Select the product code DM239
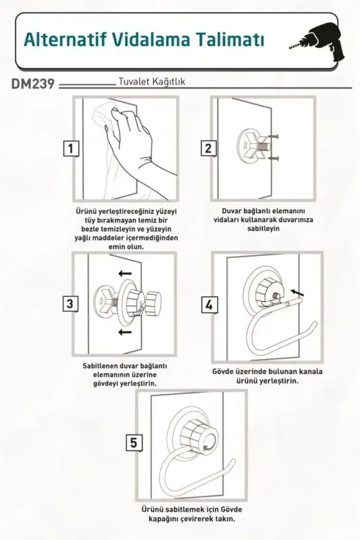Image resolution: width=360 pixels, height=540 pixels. (x=33, y=85)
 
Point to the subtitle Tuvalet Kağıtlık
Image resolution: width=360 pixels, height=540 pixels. (x=152, y=82)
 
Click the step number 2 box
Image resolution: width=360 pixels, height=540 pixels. (x=208, y=148)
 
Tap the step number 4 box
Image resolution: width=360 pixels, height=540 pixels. (x=209, y=304)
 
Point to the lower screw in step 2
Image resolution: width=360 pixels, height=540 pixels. (x=274, y=159)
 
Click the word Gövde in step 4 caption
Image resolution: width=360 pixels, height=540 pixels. (x=226, y=371)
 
